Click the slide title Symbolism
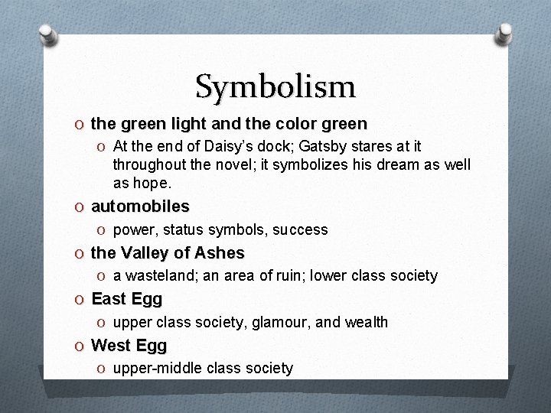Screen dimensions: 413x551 [275, 86]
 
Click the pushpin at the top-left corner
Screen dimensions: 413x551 [48, 34]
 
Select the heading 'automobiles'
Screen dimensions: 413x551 [140, 206]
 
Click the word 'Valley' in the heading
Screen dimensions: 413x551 [147, 253]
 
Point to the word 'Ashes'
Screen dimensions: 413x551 [219, 253]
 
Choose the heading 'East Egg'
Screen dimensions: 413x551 [127, 299]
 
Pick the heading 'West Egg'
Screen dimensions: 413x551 [129, 346]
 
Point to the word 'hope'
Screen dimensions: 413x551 [152, 184]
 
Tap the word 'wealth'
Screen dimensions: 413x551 [365, 322]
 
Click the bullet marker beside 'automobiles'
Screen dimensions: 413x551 [81, 207]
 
